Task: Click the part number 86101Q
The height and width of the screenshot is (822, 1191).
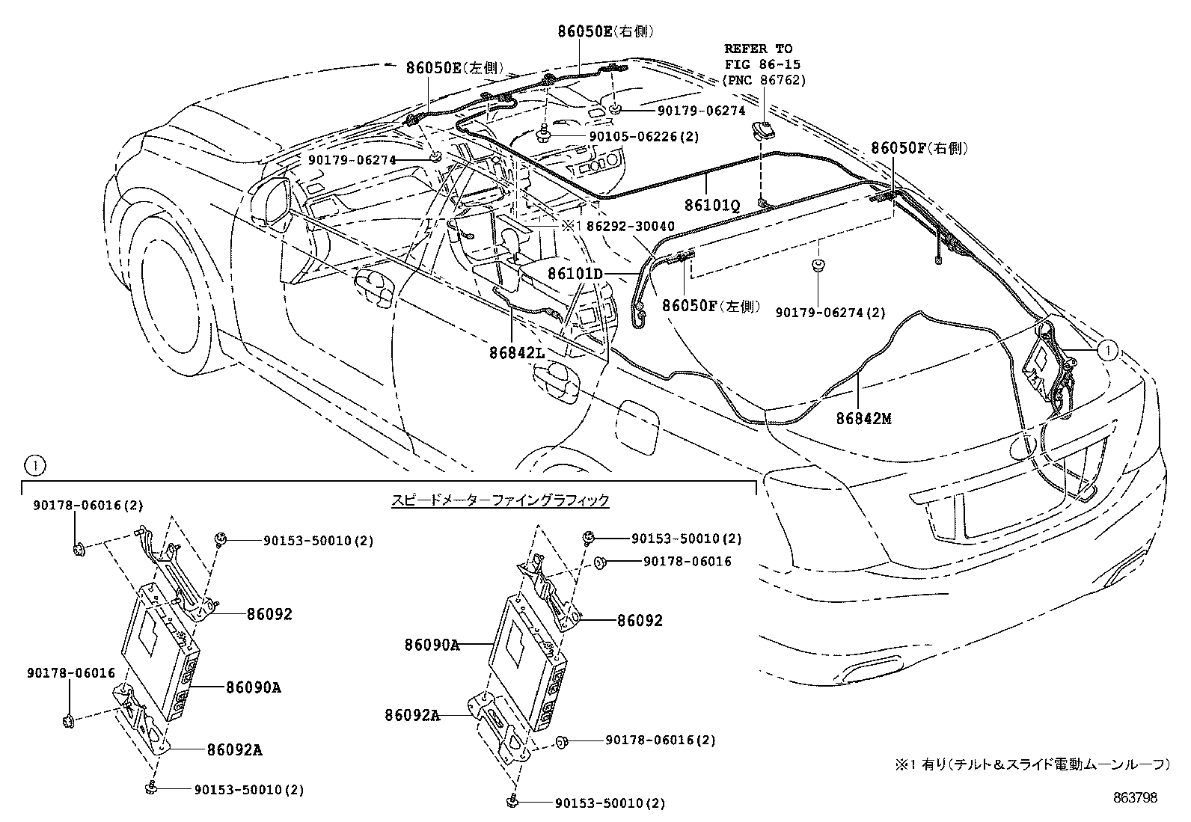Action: (x=712, y=205)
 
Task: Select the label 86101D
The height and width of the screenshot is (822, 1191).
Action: (x=576, y=274)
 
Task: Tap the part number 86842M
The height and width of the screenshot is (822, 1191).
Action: (x=864, y=418)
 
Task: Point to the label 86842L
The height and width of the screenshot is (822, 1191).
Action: (x=518, y=352)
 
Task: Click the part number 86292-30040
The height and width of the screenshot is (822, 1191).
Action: (x=631, y=227)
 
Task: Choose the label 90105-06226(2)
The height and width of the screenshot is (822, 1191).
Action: (x=644, y=137)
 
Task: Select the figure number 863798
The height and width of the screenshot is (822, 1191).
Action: (x=1135, y=797)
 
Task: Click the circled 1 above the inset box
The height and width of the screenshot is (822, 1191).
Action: (x=35, y=466)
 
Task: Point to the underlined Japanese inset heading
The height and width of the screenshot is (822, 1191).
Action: (x=500, y=500)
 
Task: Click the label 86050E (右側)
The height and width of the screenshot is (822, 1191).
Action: (x=606, y=31)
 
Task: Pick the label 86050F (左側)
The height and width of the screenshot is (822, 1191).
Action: (x=711, y=306)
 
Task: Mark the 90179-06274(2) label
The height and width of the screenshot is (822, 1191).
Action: (x=830, y=313)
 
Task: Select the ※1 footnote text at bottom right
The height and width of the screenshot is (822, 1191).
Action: (x=1032, y=764)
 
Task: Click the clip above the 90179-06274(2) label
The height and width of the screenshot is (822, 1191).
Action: (x=818, y=264)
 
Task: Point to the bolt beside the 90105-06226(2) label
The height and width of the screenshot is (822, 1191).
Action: (x=544, y=133)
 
